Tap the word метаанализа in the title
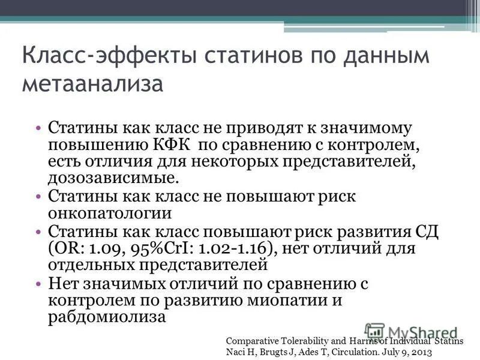pyautogui.click(x=92, y=83)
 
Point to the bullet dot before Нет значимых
pyautogui.click(x=38, y=282)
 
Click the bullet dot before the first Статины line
pyautogui.click(x=38, y=128)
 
